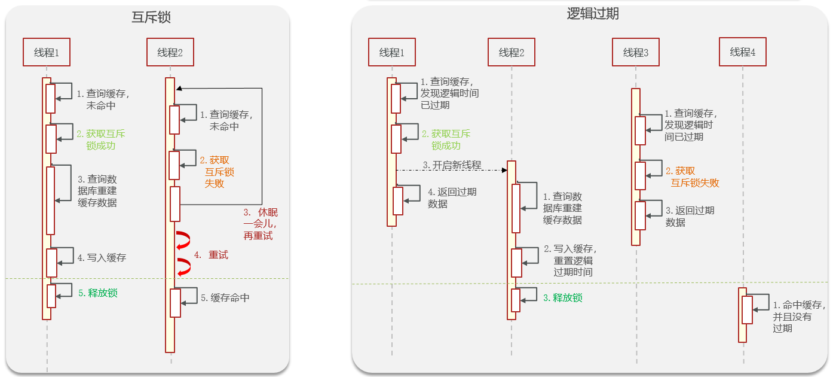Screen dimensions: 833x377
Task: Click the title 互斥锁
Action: (151, 17)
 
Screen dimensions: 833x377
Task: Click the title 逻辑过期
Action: (593, 14)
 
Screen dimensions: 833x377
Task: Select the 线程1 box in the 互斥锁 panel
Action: (47, 52)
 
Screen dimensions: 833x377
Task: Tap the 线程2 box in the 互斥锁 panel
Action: (170, 52)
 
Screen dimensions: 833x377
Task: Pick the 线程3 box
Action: (636, 52)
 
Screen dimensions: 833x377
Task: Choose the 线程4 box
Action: (742, 52)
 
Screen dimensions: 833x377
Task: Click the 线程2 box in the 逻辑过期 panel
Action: (512, 52)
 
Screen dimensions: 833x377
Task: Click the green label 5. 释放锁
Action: (98, 293)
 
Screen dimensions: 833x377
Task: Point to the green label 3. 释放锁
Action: (563, 297)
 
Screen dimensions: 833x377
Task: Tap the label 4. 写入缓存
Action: (102, 257)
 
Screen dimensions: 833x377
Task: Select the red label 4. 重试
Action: (211, 255)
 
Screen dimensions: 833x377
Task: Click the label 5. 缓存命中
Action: (225, 297)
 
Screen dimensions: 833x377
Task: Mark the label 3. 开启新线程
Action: (452, 165)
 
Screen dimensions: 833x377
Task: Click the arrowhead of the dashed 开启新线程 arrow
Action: (504, 170)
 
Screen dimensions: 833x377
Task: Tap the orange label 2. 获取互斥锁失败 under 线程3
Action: (692, 177)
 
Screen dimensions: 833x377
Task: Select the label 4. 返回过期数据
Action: (452, 198)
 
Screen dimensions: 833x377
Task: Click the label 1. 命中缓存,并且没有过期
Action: (799, 317)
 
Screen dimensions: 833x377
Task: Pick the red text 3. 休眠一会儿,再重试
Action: (261, 224)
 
